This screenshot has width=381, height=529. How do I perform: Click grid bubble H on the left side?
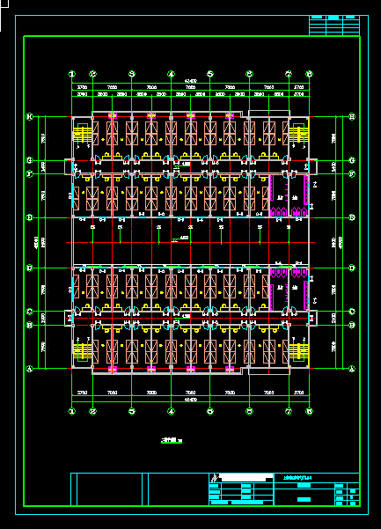coord(30,115)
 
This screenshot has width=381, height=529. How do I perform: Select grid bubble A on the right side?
coord(352,370)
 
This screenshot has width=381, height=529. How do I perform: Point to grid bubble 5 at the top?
coord(209,74)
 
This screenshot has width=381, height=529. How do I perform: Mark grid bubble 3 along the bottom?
coord(132,411)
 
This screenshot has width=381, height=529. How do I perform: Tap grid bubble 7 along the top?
coord(288,74)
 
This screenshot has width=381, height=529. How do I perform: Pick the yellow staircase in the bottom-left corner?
coord(81,350)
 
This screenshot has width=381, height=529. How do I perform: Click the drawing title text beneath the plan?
coord(170,440)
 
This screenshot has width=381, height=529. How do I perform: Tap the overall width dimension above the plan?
coord(190,82)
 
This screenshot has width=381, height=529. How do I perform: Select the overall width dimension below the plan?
coord(190,402)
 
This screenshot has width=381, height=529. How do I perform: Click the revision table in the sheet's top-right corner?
coord(335,26)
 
